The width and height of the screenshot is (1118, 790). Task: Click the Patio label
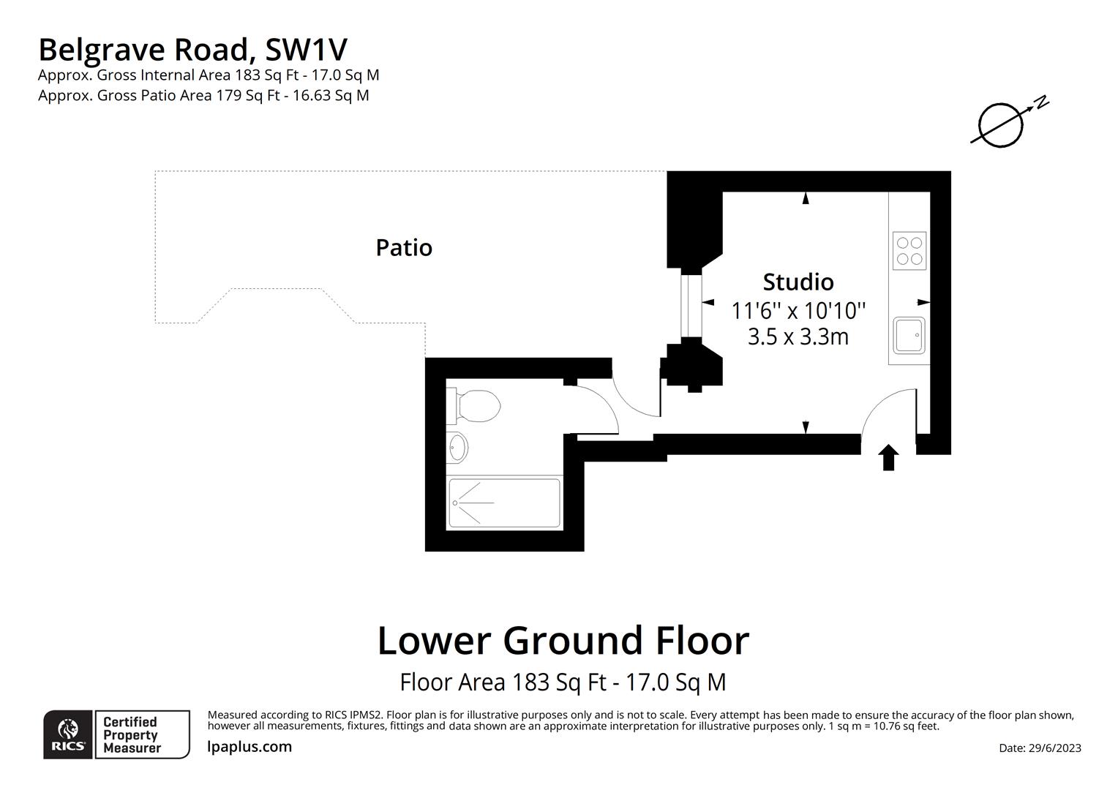tap(404, 248)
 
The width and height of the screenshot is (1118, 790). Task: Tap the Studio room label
tap(798, 282)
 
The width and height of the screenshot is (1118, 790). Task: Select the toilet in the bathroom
tap(477, 406)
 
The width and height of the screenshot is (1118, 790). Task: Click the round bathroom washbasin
tap(458, 447)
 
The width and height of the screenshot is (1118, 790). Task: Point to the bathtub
tap(504, 503)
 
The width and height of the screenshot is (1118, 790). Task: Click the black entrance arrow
tap(888, 458)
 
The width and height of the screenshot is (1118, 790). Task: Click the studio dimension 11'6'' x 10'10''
tap(798, 311)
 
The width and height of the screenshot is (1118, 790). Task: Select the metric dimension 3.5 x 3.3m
tap(798, 337)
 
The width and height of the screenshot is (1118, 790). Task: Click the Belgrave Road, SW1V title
tap(192, 50)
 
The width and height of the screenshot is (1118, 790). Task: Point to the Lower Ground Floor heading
tap(563, 641)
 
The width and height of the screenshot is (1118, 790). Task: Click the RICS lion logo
tap(68, 734)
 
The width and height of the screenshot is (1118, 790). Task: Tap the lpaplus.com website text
tap(250, 747)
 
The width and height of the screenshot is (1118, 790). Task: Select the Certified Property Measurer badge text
tap(132, 735)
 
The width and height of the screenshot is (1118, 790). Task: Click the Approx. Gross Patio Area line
tap(203, 96)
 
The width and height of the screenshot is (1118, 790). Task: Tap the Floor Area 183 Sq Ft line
tap(563, 682)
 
